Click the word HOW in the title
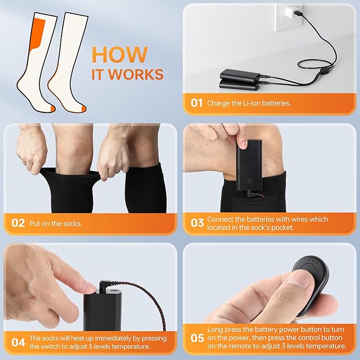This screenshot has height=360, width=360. tap(119, 55)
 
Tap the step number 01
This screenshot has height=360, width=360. tap(197, 103)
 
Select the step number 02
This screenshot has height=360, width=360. tap(18, 223)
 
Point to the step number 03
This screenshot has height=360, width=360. tap(197, 223)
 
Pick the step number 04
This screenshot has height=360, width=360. tap(18, 343)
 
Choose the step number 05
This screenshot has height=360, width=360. tap(197, 338)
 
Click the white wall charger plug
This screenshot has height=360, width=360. tap(291, 12)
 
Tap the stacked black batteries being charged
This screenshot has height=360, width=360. tap(240, 79)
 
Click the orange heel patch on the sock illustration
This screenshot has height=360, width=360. tap(38, 33)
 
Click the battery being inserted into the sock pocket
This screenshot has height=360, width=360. tap(249, 165)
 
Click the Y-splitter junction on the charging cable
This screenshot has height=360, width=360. tap(324, 69)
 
